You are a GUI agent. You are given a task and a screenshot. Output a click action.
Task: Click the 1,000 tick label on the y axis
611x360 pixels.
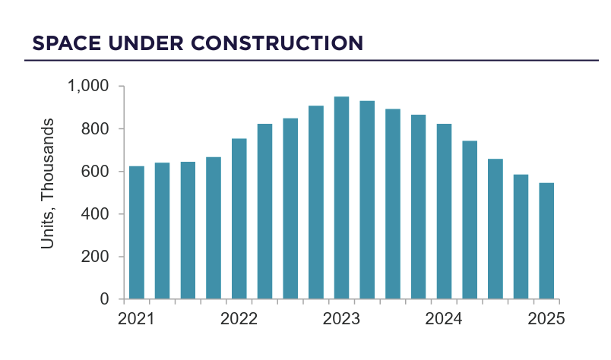[90, 87]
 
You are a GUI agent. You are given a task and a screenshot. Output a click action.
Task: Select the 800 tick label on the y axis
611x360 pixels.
[97, 129]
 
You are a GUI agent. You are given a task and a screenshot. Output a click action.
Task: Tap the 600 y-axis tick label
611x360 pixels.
[97, 172]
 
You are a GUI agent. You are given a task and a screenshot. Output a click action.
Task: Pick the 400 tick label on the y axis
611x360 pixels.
[97, 214]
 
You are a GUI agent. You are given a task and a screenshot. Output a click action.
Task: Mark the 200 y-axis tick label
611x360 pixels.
[97, 257]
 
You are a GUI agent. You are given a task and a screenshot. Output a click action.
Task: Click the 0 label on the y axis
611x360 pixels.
[106, 299]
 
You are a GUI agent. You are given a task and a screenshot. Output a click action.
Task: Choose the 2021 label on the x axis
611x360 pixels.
[137, 319]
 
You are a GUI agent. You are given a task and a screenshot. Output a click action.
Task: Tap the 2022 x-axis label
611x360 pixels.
[239, 319]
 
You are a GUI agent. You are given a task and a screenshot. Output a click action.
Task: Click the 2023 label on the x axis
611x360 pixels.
[341, 319]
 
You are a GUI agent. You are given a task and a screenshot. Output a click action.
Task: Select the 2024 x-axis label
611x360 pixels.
[444, 319]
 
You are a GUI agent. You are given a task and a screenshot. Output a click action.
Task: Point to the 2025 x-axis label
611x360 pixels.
[546, 319]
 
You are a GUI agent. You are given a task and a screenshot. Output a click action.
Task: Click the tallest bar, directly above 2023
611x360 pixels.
[341, 197]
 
